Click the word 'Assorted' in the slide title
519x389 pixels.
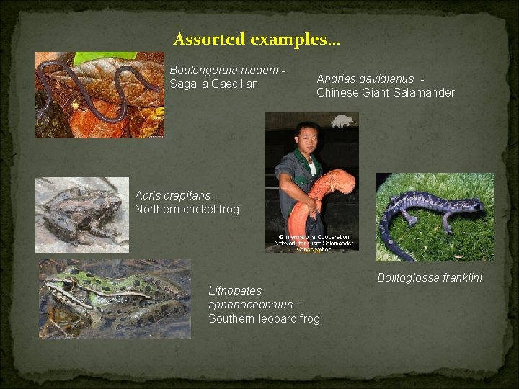[x=210, y=39]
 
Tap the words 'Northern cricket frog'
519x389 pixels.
[x=187, y=210]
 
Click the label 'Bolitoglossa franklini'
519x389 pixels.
[x=430, y=277]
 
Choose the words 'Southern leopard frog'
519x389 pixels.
[x=264, y=318]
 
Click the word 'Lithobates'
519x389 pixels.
[x=235, y=291]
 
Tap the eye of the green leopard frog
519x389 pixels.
[x=69, y=285]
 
